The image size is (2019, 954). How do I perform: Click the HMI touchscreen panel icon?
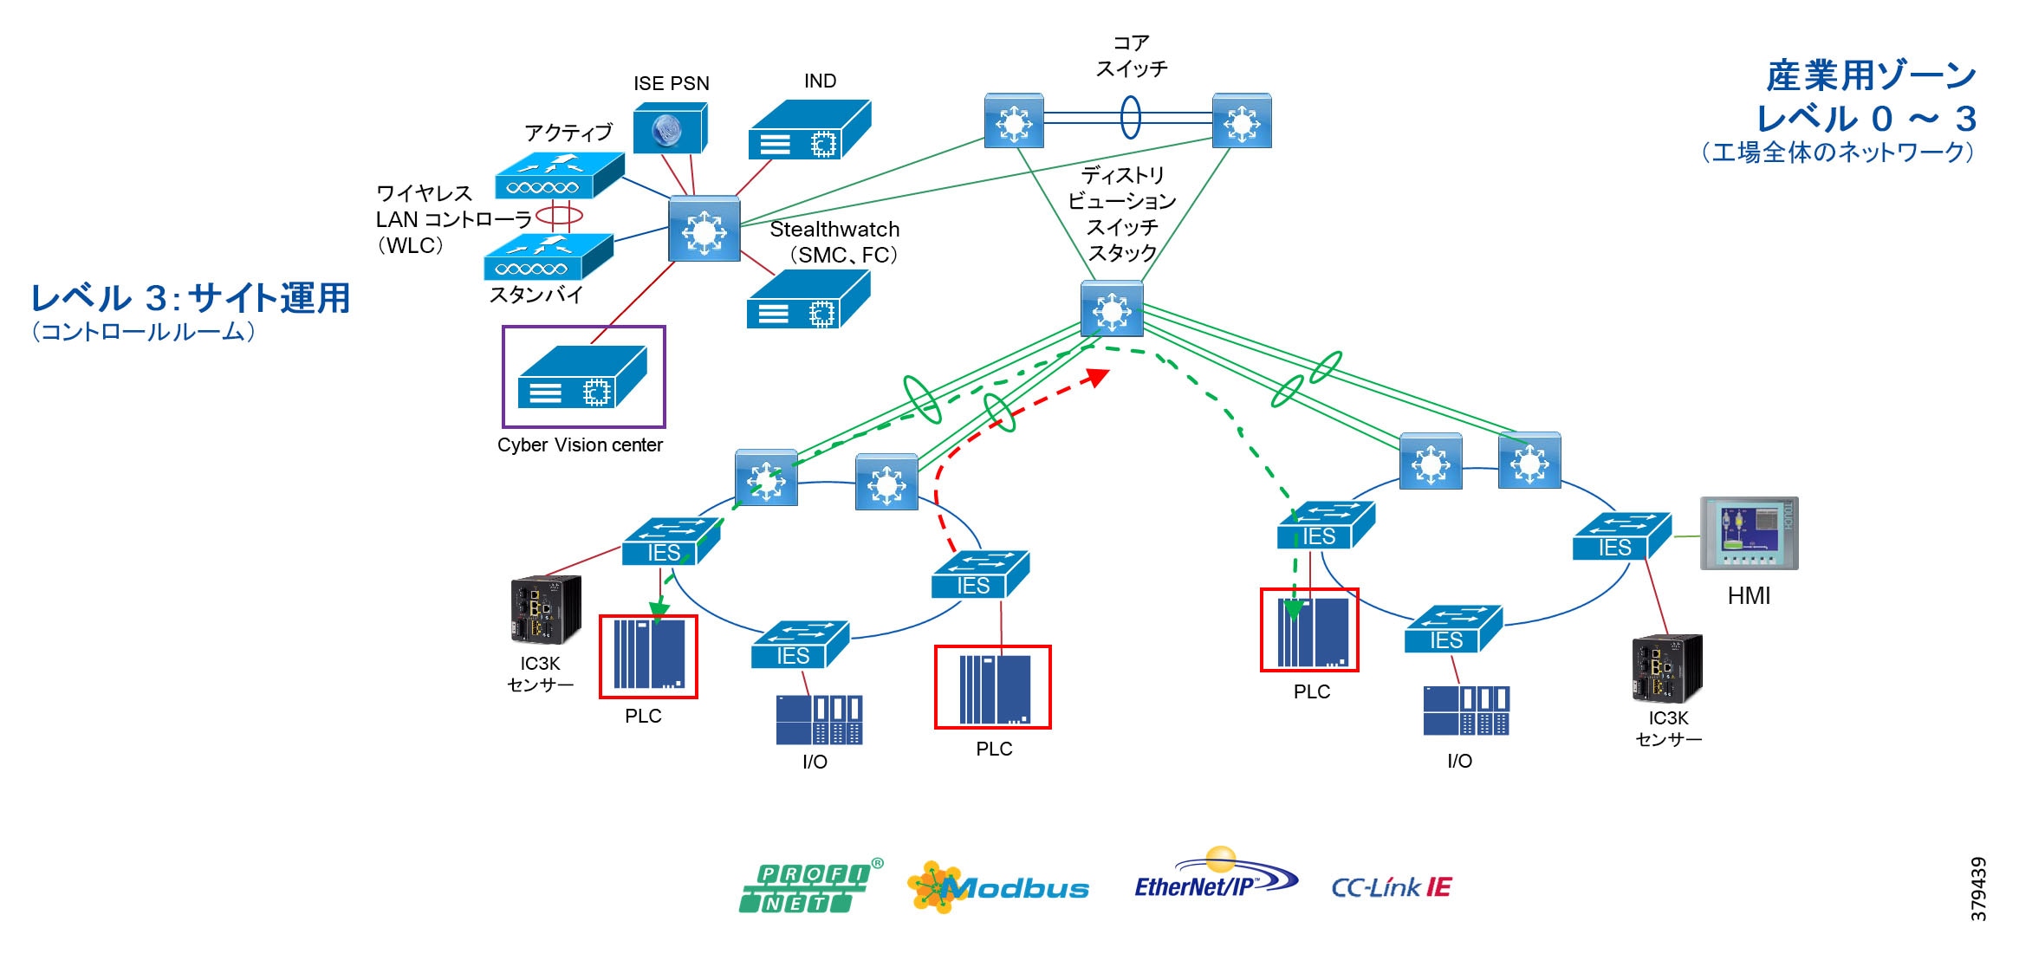[x=1749, y=533]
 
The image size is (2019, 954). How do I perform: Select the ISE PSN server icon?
[x=670, y=128]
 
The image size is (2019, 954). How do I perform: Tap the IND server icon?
[x=809, y=129]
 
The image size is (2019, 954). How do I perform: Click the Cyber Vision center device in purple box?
[x=582, y=377]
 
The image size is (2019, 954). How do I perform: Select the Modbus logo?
[x=998, y=887]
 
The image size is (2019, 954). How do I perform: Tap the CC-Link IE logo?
[x=1391, y=887]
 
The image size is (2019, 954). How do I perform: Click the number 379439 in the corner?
[x=1978, y=888]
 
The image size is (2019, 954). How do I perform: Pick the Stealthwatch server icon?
[x=808, y=299]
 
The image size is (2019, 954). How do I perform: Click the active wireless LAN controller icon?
[x=559, y=176]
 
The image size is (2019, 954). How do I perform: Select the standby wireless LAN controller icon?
[x=548, y=257]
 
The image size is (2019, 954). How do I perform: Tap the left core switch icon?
[x=1014, y=121]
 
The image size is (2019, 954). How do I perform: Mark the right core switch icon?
[x=1242, y=121]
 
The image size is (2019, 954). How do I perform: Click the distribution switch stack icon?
[x=1112, y=308]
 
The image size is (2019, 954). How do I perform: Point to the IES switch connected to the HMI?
[x=1620, y=536]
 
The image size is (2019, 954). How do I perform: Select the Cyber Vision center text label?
[x=580, y=445]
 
